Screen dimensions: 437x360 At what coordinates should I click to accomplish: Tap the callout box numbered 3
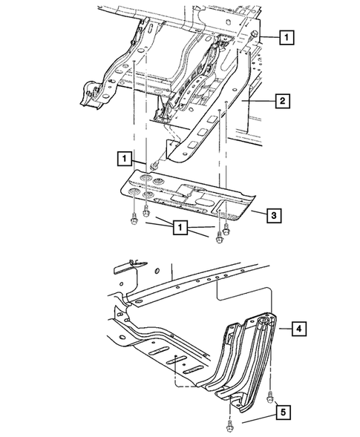(273, 215)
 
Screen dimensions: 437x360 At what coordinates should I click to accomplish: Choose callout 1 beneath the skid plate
(180, 228)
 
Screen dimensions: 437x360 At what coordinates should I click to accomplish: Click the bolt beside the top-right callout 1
(255, 36)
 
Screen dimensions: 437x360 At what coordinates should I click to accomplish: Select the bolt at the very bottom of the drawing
(225, 425)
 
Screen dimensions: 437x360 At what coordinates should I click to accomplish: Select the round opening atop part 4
(262, 323)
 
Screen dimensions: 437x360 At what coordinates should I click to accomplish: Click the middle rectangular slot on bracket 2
(211, 118)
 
